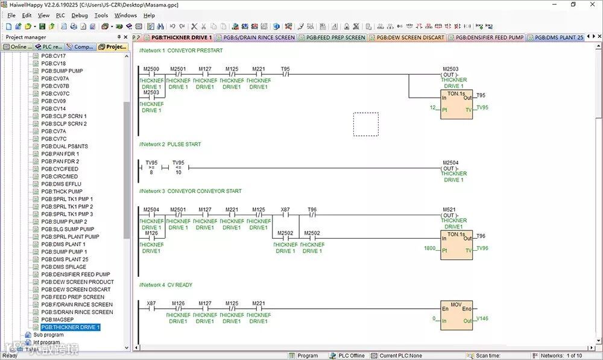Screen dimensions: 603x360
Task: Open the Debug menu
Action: pos(79,15)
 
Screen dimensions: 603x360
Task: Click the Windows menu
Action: pos(125,15)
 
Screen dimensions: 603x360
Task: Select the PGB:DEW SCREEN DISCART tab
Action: pos(410,37)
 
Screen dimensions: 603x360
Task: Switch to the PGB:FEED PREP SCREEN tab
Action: pos(335,37)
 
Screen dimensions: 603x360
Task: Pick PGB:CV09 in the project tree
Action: pos(54,101)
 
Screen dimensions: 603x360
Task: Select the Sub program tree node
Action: pos(48,335)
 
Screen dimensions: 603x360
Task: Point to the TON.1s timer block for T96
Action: pos(456,244)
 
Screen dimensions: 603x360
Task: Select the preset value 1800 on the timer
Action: pos(429,248)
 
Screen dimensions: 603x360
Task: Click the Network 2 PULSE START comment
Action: pos(170,145)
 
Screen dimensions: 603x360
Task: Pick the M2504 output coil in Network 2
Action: pos(450,168)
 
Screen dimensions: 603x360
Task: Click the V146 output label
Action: pos(482,318)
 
